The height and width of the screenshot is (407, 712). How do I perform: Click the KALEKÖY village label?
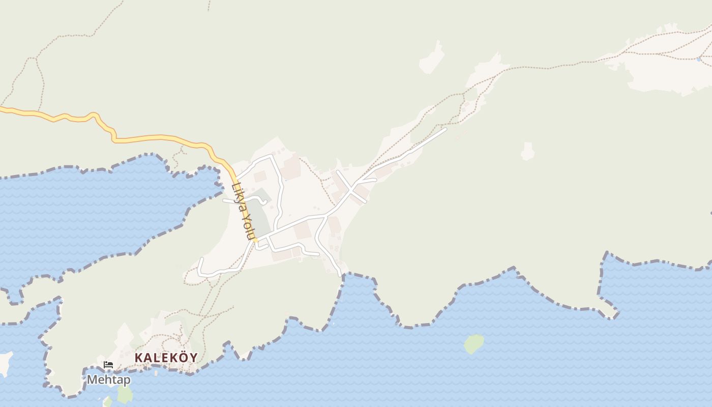point(166,358)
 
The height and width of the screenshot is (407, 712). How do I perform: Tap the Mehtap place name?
point(108,380)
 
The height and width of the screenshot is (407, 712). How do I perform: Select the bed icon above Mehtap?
point(108,364)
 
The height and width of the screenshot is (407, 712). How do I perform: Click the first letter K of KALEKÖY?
point(138,358)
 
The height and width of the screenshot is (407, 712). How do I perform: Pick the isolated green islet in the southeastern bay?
point(473,343)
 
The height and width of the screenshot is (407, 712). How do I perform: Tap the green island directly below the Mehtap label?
point(125,394)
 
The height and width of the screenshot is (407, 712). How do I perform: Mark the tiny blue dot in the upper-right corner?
point(699,60)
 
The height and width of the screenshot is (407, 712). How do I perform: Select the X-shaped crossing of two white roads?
point(351,189)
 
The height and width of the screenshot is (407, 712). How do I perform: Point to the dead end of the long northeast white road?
point(446,129)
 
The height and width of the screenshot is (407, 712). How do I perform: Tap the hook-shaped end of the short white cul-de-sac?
point(265,201)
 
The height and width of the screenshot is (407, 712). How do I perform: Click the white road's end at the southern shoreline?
point(341,275)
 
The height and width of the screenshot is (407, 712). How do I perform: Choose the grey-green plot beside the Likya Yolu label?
point(259,216)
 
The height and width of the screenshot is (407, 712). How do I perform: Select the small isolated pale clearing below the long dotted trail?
point(528,151)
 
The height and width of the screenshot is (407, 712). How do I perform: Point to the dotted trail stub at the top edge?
point(209,5)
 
